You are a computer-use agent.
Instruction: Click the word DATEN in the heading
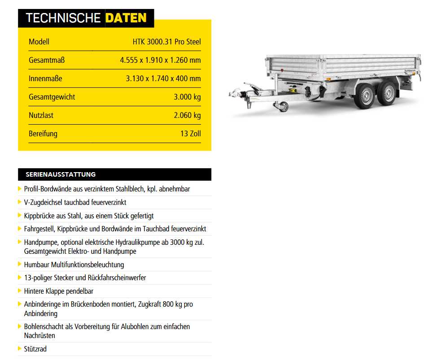[x=126, y=18]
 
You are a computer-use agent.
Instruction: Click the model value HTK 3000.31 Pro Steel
[x=166, y=42]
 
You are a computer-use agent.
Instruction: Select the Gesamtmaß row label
[x=44, y=60]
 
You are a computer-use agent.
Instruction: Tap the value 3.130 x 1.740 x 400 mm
[x=163, y=78]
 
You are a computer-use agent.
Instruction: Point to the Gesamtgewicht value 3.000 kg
[x=187, y=97]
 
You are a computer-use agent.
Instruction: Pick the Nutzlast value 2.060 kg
[x=187, y=115]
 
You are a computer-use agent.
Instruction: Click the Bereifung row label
[x=43, y=134]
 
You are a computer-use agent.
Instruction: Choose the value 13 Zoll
[x=191, y=134]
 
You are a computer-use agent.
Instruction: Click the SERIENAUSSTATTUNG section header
[x=61, y=174]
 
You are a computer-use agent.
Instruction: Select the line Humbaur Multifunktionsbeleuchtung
[x=74, y=265]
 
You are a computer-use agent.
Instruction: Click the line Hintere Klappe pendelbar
[x=59, y=291]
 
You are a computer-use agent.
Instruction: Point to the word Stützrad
[x=35, y=349]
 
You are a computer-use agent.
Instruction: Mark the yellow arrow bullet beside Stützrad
[x=20, y=348]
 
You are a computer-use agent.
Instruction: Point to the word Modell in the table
[x=39, y=42]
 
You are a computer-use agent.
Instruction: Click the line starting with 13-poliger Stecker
[x=85, y=278]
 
